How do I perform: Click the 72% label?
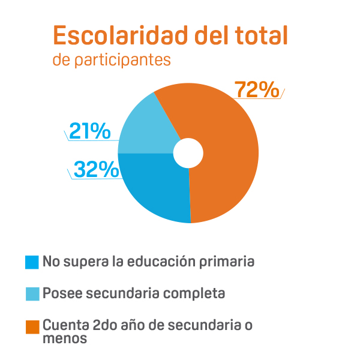[257, 89]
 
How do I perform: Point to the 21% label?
[89, 131]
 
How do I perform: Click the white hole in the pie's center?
[188, 153]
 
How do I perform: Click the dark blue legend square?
[32, 262]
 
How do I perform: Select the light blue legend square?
[32, 294]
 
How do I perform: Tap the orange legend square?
[32, 326]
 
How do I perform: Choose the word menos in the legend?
[65, 338]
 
